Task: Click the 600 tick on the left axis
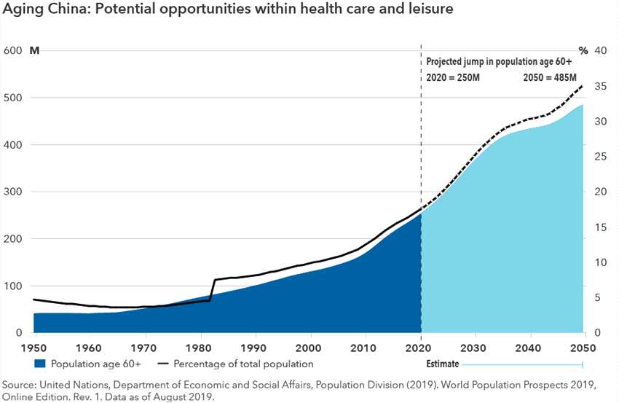pyautogui.click(x=13, y=51)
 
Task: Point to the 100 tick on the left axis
pyautogui.click(x=13, y=286)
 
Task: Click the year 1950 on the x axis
pyautogui.click(x=33, y=346)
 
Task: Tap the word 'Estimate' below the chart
pyautogui.click(x=442, y=363)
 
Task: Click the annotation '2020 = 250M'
pyautogui.click(x=453, y=79)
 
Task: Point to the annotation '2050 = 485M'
pyautogui.click(x=550, y=79)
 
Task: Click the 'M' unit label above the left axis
pyautogui.click(x=34, y=51)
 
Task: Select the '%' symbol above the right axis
pyautogui.click(x=583, y=51)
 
